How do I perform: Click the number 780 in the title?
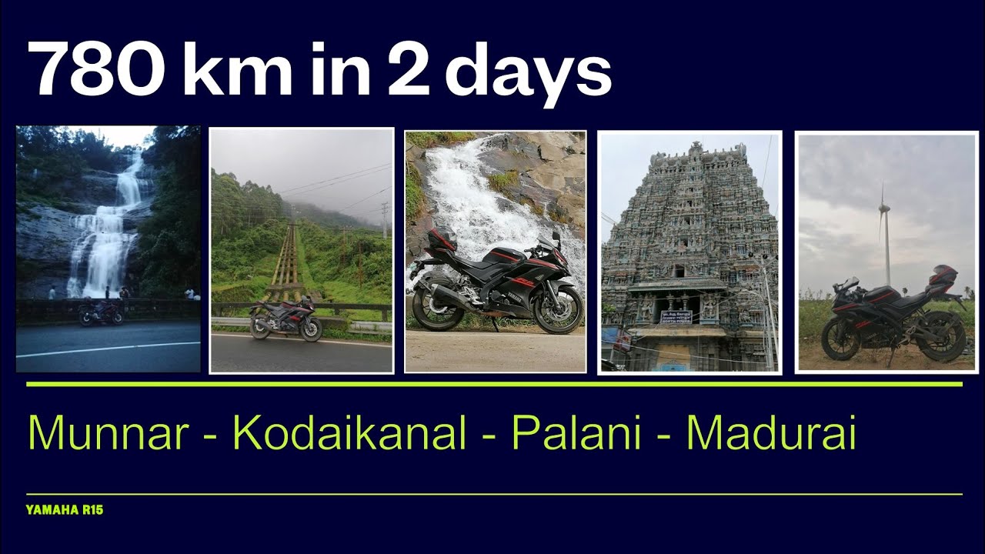click(x=92, y=68)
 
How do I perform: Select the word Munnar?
click(x=108, y=433)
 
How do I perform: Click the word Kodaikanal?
click(x=350, y=433)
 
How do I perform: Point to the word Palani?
click(x=576, y=433)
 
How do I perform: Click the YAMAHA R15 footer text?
click(x=65, y=509)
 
